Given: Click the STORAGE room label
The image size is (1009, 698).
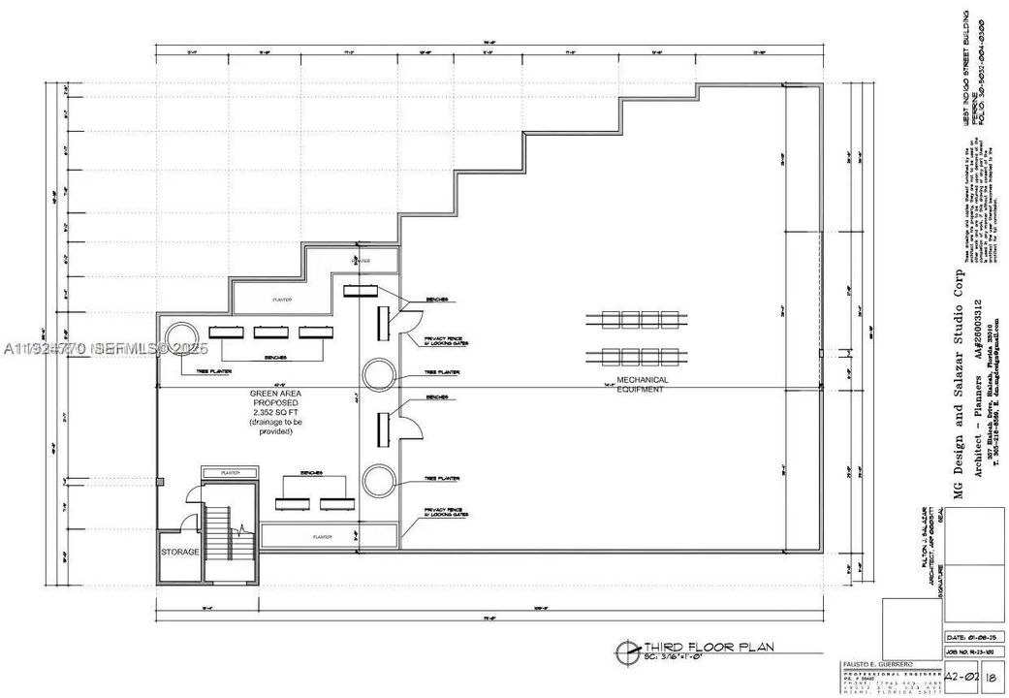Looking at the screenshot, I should coord(180,552).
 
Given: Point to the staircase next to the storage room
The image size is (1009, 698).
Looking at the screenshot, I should coord(229,534).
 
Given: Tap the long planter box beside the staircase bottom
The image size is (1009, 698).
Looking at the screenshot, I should coord(329,535).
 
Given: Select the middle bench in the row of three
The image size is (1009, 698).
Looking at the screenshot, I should coord(270,333).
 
